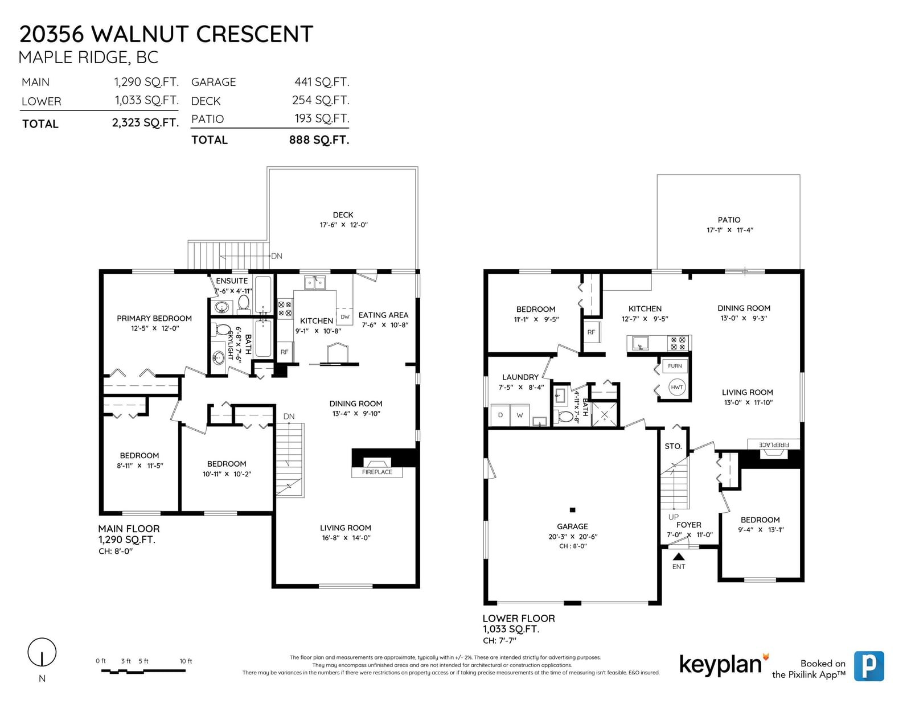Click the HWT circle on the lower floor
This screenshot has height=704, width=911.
676,387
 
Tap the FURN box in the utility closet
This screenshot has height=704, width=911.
675,366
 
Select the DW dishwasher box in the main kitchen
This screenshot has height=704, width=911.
344,317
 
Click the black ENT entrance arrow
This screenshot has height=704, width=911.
679,557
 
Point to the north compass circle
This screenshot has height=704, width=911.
42,652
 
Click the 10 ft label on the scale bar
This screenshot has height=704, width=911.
186,661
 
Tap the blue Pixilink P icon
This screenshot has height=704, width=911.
869,666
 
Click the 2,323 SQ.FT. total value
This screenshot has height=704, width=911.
145,123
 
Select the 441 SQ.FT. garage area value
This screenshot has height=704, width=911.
322,82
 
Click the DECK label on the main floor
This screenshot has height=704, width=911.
343,215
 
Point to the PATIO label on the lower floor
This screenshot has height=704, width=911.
729,220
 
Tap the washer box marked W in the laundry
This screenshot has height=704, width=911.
520,415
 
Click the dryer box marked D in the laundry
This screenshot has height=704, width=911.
500,415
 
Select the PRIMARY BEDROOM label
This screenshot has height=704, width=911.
154,319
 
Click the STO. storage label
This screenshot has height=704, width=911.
674,446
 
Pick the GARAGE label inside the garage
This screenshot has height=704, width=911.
572,526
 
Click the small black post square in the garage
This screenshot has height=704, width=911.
572,510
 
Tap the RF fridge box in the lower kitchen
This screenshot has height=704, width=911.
591,332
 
